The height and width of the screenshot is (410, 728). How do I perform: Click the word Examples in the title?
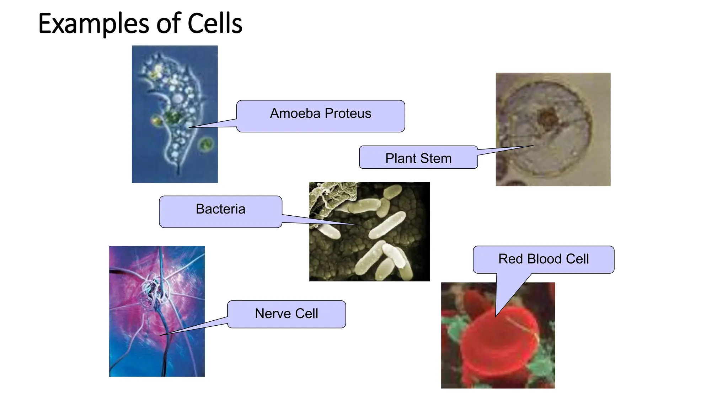click(x=93, y=23)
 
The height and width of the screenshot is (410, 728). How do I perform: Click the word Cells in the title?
click(x=215, y=23)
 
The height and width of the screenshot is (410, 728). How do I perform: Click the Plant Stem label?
click(x=418, y=158)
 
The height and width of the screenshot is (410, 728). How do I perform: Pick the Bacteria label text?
click(x=220, y=209)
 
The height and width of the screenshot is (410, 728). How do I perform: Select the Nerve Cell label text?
click(x=286, y=314)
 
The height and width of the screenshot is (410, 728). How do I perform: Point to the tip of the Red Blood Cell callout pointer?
click(x=496, y=316)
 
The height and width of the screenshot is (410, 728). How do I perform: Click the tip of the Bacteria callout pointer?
click(x=360, y=225)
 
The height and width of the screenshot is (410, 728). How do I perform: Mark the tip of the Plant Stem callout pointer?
click(x=533, y=146)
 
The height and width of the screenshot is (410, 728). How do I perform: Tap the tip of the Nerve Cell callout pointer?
click(x=160, y=335)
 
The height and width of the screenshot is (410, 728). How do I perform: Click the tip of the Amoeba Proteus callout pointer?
click(x=189, y=127)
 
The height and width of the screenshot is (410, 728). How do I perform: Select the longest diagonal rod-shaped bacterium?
click(x=387, y=225)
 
